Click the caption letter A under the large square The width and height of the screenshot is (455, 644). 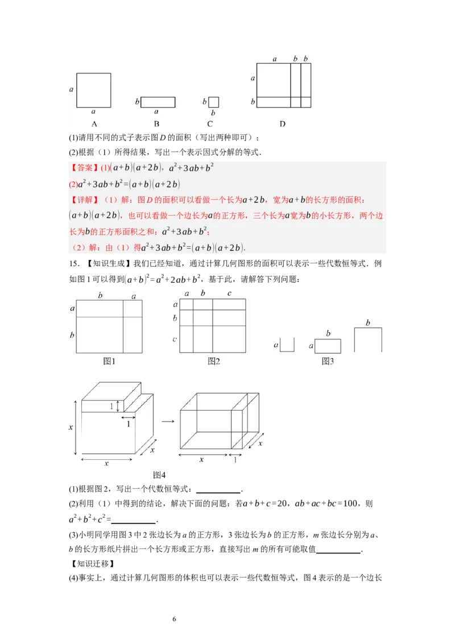[x=94, y=124]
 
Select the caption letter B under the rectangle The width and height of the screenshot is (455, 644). [x=156, y=124]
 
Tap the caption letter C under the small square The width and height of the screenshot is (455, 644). [x=210, y=124]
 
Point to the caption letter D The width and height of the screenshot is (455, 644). [x=283, y=124]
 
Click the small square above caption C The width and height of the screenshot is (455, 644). [x=213, y=102]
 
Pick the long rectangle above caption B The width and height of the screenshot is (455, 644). [x=158, y=102]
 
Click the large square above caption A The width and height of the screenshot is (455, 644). [x=94, y=90]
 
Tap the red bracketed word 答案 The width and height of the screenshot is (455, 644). [x=84, y=168]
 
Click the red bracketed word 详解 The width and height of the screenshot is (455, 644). [x=84, y=200]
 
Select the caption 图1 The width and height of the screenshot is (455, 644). [x=109, y=361]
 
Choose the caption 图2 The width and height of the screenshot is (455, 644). [x=213, y=361]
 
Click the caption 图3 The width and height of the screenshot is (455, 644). [x=327, y=361]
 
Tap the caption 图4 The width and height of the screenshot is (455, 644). [x=159, y=475]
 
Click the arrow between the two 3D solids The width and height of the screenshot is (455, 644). [x=167, y=422]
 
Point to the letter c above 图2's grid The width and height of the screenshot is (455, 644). [x=229, y=294]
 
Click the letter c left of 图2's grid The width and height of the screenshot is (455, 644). [x=175, y=340]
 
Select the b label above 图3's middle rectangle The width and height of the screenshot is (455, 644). [x=328, y=333]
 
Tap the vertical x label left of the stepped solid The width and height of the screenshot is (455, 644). [x=71, y=427]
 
